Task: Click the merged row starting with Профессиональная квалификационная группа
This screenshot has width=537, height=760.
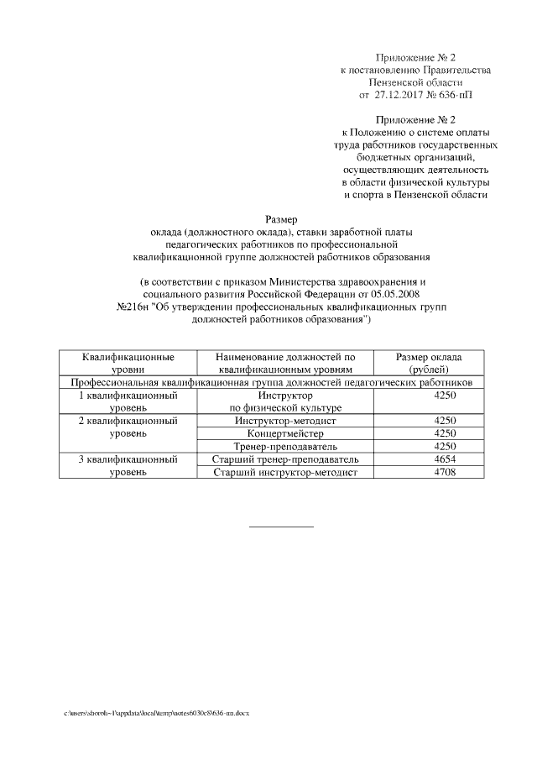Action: [271, 381]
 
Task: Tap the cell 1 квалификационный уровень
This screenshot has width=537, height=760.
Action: [128, 401]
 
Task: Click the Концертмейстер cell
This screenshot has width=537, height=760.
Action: [285, 432]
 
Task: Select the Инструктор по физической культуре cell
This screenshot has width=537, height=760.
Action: [285, 401]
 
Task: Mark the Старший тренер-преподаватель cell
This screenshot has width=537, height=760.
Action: [285, 459]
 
